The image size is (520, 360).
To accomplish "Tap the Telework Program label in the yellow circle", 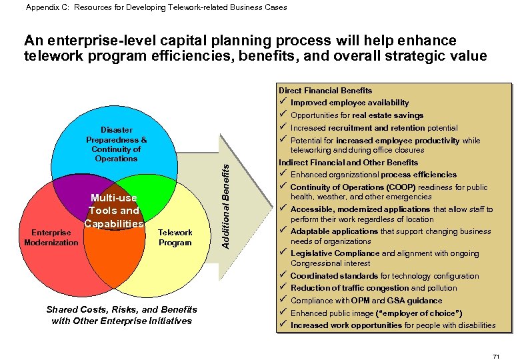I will pos(175,237).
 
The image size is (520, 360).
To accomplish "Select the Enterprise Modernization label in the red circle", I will pos(51,237).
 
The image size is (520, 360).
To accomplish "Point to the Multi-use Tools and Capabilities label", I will pos(114,211).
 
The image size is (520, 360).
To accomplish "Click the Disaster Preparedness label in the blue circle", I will pos(116,144).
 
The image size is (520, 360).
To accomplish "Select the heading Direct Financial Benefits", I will pos(325,90).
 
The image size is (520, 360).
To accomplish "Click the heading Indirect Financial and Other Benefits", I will pos(348,162).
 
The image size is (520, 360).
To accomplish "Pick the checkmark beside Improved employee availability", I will pos(283,103).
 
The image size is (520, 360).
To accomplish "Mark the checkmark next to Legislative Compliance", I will pos(283,253).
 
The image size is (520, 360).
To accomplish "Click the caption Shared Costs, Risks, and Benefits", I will pos(121,310).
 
